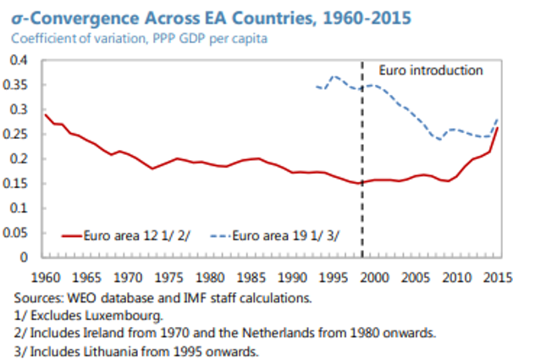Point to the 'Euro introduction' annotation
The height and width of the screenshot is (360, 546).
point(430,70)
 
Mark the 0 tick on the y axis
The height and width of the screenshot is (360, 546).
point(25,258)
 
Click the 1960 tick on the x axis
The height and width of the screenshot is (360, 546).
point(47,276)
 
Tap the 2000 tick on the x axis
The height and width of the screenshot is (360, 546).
point(376,276)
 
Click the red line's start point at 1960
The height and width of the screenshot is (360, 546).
point(45,114)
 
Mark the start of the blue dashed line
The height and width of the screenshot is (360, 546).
point(315,86)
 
